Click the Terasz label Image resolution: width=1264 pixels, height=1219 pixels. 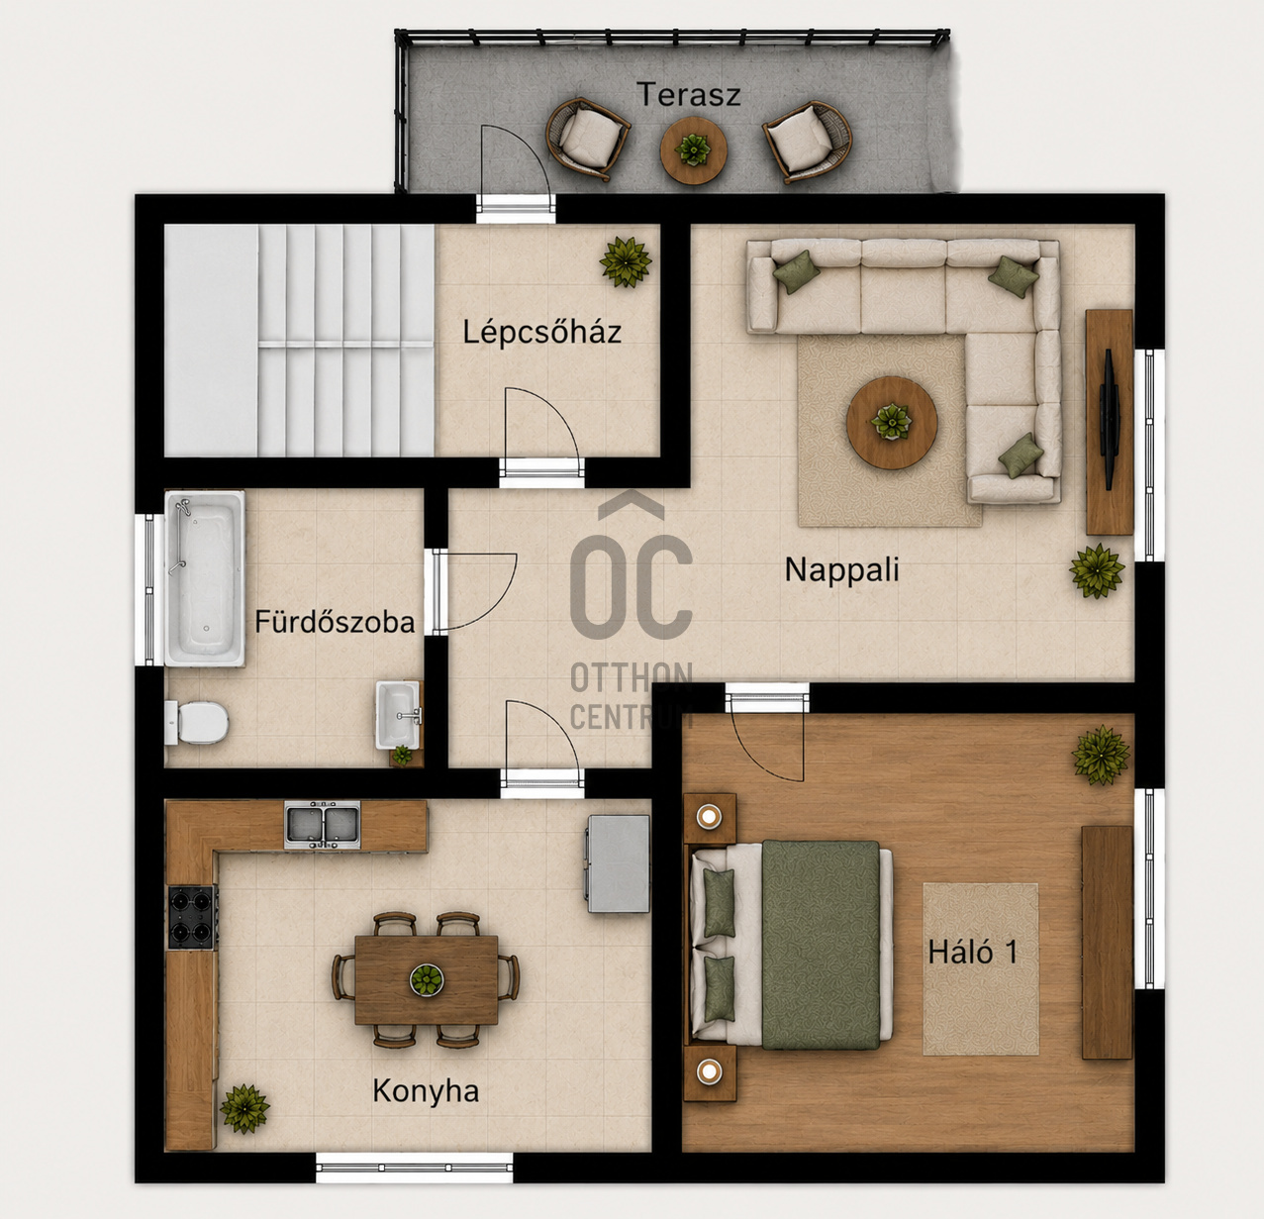click(x=689, y=95)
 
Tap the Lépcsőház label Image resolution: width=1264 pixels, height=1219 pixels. click(x=541, y=332)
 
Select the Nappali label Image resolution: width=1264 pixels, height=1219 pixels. click(x=841, y=570)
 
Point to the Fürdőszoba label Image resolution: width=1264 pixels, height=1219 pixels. click(x=335, y=622)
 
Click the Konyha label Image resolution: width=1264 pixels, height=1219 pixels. click(x=426, y=1091)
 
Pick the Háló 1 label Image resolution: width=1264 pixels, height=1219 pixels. click(x=972, y=952)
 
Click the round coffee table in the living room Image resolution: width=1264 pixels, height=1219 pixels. click(x=892, y=423)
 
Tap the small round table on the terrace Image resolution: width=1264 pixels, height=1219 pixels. click(x=693, y=151)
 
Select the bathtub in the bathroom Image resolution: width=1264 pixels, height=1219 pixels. click(x=205, y=578)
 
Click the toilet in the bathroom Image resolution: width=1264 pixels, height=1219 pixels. click(x=197, y=723)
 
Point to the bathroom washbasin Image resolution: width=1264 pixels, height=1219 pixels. click(x=398, y=714)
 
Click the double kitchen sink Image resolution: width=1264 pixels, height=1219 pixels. click(x=322, y=825)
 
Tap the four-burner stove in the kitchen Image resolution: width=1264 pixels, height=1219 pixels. click(x=193, y=917)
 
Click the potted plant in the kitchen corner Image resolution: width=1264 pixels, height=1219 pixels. click(x=244, y=1108)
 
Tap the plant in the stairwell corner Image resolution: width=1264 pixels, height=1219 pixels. click(x=626, y=261)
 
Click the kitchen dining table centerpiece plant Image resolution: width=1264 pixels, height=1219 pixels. click(x=426, y=979)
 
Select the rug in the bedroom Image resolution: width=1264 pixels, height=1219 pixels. click(x=981, y=968)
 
